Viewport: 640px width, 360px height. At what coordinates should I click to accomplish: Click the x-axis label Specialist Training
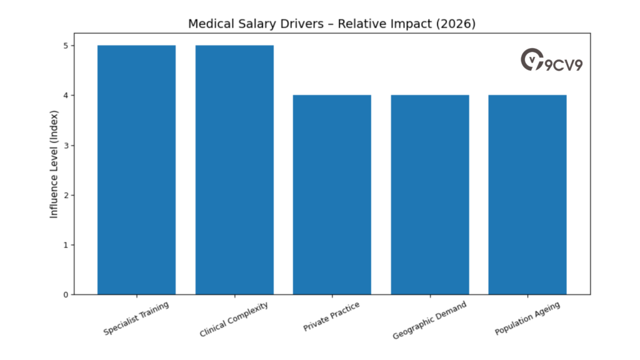(136, 318)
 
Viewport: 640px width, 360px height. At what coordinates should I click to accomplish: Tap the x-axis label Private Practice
(332, 317)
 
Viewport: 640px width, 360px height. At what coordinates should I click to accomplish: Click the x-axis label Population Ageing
(527, 319)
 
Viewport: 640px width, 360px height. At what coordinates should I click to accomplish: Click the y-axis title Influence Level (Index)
(54, 164)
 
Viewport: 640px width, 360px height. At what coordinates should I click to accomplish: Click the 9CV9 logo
(551, 61)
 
